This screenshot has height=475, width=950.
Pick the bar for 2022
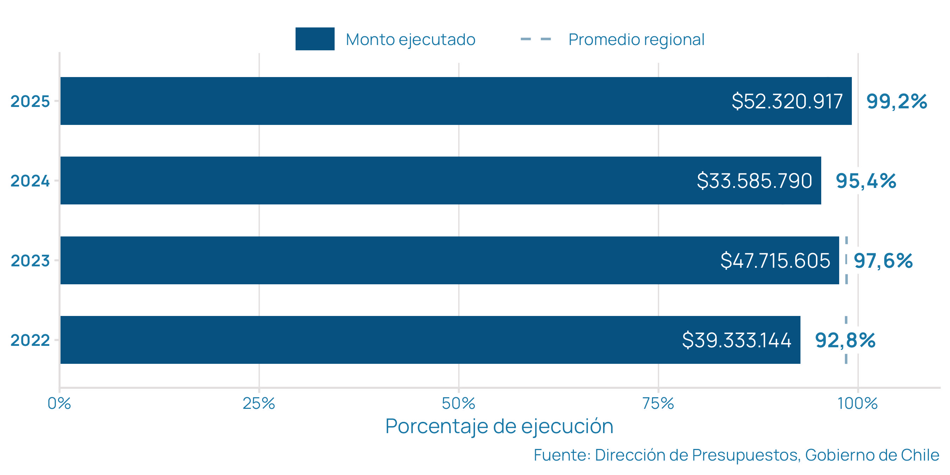pyautogui.click(x=369, y=340)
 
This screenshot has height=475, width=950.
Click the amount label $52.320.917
pyautogui.click(x=787, y=101)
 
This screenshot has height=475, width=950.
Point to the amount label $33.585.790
pyautogui.click(x=754, y=181)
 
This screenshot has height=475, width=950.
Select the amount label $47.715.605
pyautogui.click(x=775, y=260)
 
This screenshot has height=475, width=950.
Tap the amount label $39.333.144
pyautogui.click(x=736, y=340)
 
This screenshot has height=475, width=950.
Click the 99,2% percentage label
pyautogui.click(x=897, y=101)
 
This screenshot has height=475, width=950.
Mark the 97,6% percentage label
pyautogui.click(x=883, y=261)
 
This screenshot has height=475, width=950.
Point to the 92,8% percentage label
pyautogui.click(x=845, y=340)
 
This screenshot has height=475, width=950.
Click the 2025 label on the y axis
pyautogui.click(x=30, y=101)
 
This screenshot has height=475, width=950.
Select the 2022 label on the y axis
pyautogui.click(x=30, y=340)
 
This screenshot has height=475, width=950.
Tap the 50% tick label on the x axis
pyautogui.click(x=458, y=404)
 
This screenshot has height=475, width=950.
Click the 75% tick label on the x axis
pyautogui.click(x=658, y=404)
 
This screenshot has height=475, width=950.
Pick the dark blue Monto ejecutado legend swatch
pyautogui.click(x=315, y=39)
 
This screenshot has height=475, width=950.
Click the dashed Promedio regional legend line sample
pyautogui.click(x=536, y=39)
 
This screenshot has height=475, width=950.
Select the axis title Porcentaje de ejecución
pyautogui.click(x=499, y=426)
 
